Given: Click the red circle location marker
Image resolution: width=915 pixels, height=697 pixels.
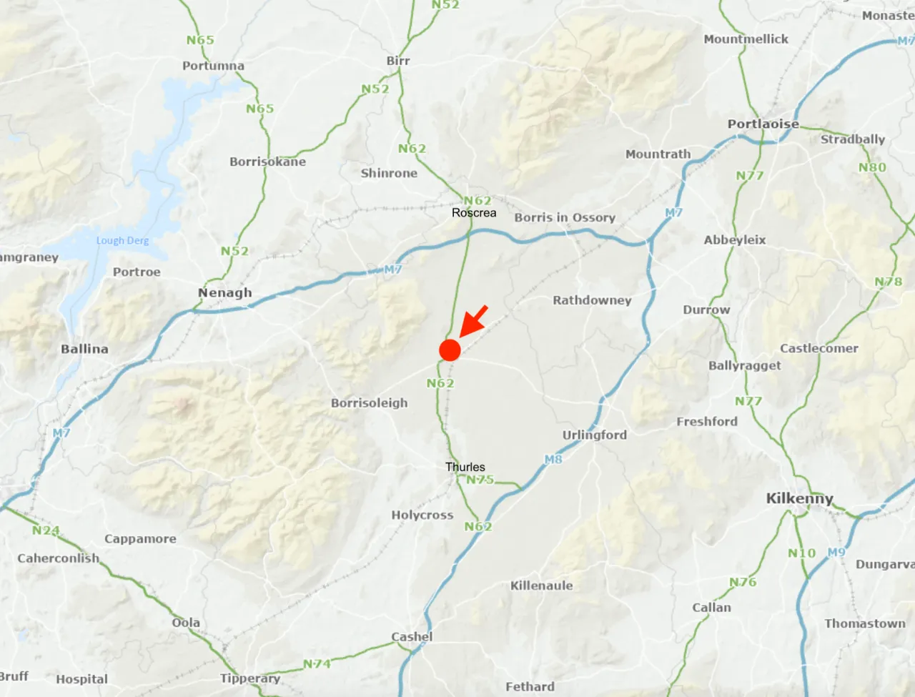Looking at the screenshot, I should (x=450, y=350).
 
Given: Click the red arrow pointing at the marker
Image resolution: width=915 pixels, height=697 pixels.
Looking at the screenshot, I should (x=474, y=320).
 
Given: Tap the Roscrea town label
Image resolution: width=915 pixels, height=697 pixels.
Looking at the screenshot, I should (x=473, y=213).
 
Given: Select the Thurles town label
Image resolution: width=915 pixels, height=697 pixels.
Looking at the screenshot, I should (x=465, y=467).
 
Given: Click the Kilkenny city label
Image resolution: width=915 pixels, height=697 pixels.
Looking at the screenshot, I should (x=799, y=498).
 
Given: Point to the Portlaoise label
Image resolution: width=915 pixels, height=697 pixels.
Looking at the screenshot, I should (x=763, y=124).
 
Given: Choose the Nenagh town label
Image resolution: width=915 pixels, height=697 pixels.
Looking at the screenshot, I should (x=224, y=292).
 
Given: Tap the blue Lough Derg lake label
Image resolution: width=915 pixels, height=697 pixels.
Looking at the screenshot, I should (x=122, y=241).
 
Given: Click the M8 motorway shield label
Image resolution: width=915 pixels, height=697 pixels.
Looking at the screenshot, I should (x=553, y=460).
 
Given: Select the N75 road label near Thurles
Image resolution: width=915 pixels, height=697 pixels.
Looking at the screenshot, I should (x=480, y=480).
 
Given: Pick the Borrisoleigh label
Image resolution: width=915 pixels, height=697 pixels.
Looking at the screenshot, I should (x=369, y=403).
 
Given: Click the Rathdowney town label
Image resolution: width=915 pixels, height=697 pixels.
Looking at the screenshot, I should (x=592, y=300).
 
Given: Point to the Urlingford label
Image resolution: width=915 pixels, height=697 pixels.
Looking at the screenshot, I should (x=594, y=435).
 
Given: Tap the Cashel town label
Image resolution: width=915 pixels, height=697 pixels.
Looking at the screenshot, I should (x=412, y=636).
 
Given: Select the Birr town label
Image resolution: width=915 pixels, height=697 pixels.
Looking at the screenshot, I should (x=398, y=61).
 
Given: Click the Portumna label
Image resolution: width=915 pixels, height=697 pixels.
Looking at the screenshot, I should (x=213, y=66).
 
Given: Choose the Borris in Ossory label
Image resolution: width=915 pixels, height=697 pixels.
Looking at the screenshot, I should (x=565, y=217).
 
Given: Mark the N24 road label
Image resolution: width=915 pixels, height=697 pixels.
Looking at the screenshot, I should (x=46, y=530).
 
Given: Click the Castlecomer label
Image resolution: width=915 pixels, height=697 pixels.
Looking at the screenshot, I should (x=818, y=348).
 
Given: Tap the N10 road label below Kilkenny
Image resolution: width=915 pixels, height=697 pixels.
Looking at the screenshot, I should (x=801, y=553).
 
